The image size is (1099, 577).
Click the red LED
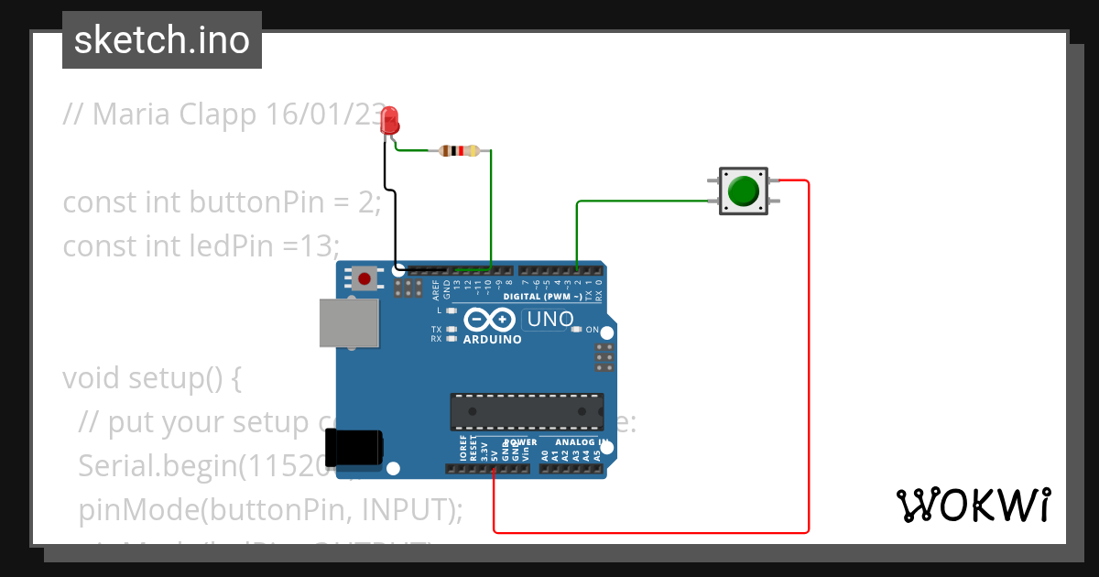click(x=390, y=119)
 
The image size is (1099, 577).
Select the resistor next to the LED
click(x=459, y=151)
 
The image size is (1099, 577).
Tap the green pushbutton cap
click(x=743, y=191)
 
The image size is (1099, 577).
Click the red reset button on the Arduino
click(x=365, y=278)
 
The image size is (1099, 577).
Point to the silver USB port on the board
click(x=348, y=323)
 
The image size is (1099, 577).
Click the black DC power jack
click(x=358, y=448)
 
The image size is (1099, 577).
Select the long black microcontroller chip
click(x=527, y=411)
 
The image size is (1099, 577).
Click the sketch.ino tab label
click(x=162, y=40)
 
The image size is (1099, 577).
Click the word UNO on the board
click(x=549, y=320)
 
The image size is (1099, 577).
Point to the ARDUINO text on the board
click(x=492, y=340)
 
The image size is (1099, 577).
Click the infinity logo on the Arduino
click(x=490, y=320)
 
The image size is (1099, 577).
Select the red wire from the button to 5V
click(x=809, y=366)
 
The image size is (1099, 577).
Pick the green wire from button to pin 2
click(x=641, y=201)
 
